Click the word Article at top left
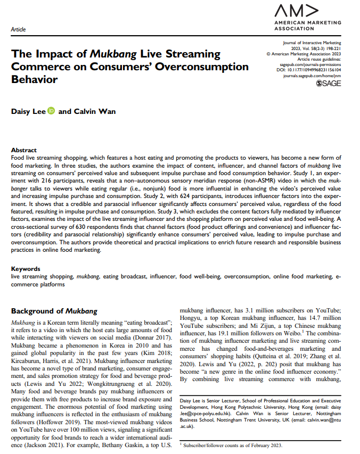pos(18,30)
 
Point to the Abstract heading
pos(24,150)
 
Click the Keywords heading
pos(26,269)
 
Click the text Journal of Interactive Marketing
pos(312,43)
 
